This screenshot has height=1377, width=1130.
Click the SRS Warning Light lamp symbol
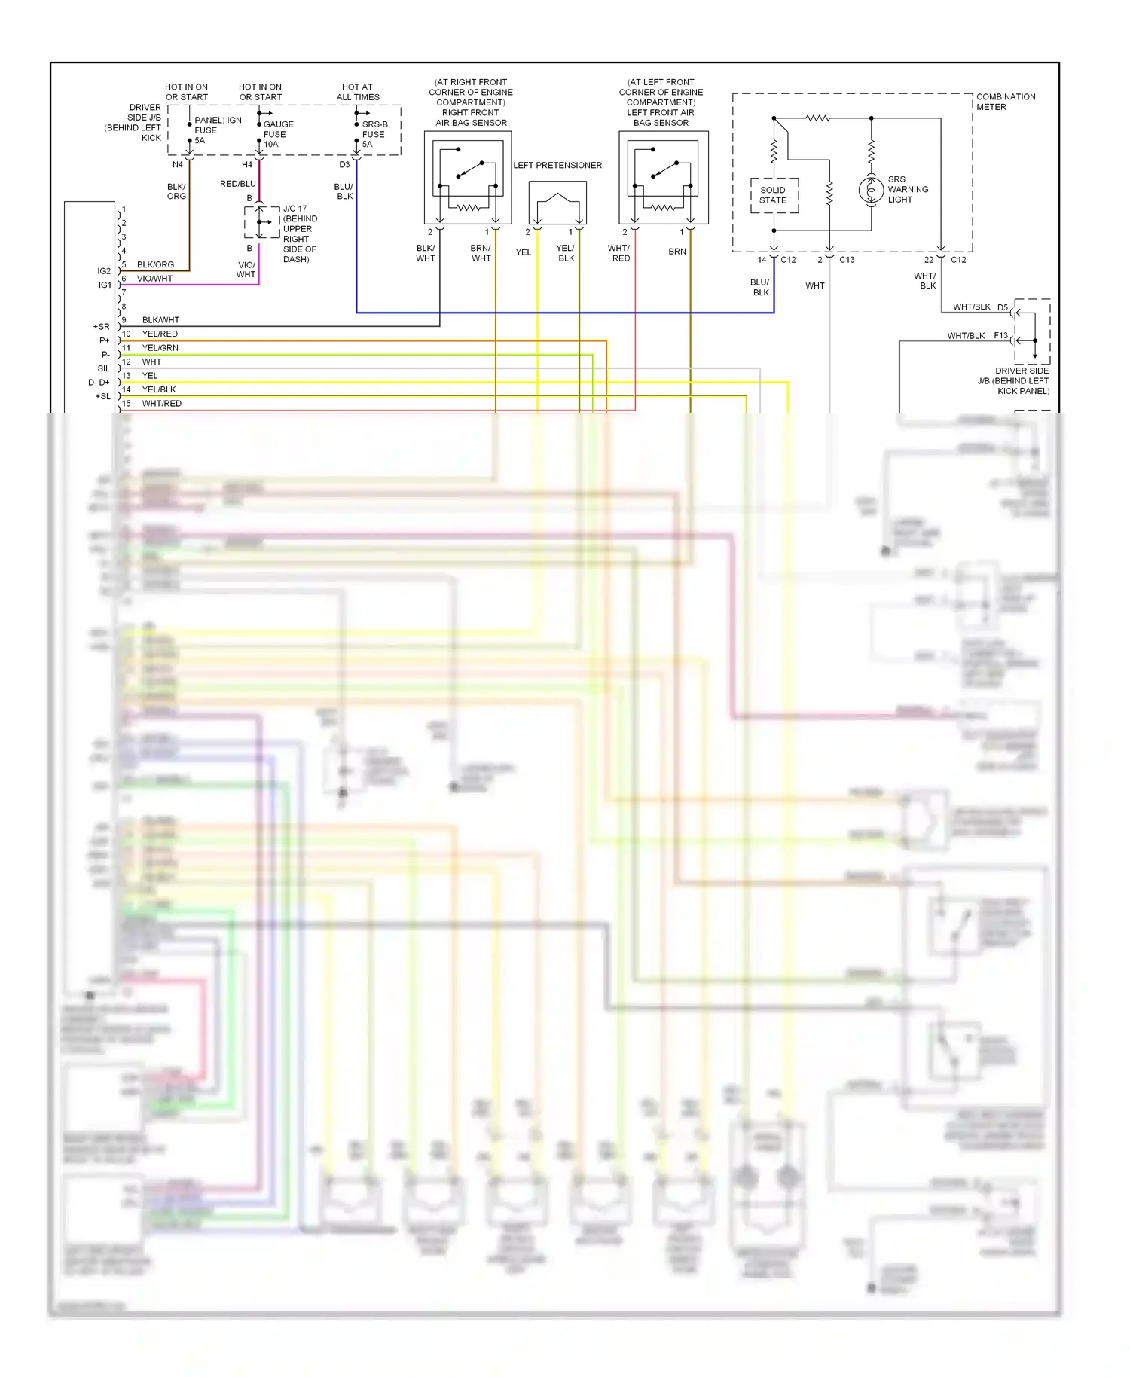871,190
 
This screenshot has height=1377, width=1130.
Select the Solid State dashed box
774,195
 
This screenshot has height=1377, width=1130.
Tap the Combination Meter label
1005,102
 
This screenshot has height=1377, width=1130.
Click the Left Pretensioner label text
557,165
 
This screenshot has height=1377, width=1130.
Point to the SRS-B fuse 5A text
374,134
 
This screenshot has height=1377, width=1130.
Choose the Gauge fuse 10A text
277,134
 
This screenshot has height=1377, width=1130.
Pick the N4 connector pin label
178,164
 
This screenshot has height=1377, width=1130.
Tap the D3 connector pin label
344,164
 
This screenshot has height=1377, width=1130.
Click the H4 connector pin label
247,164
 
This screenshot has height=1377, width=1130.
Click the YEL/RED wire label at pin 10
160,334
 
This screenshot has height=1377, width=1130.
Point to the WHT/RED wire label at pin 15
161,403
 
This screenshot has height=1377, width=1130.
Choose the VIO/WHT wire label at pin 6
154,279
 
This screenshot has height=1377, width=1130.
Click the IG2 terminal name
104,271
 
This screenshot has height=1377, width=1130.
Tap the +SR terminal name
101,327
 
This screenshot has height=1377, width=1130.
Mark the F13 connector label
1000,335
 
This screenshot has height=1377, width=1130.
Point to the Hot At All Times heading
357,92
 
